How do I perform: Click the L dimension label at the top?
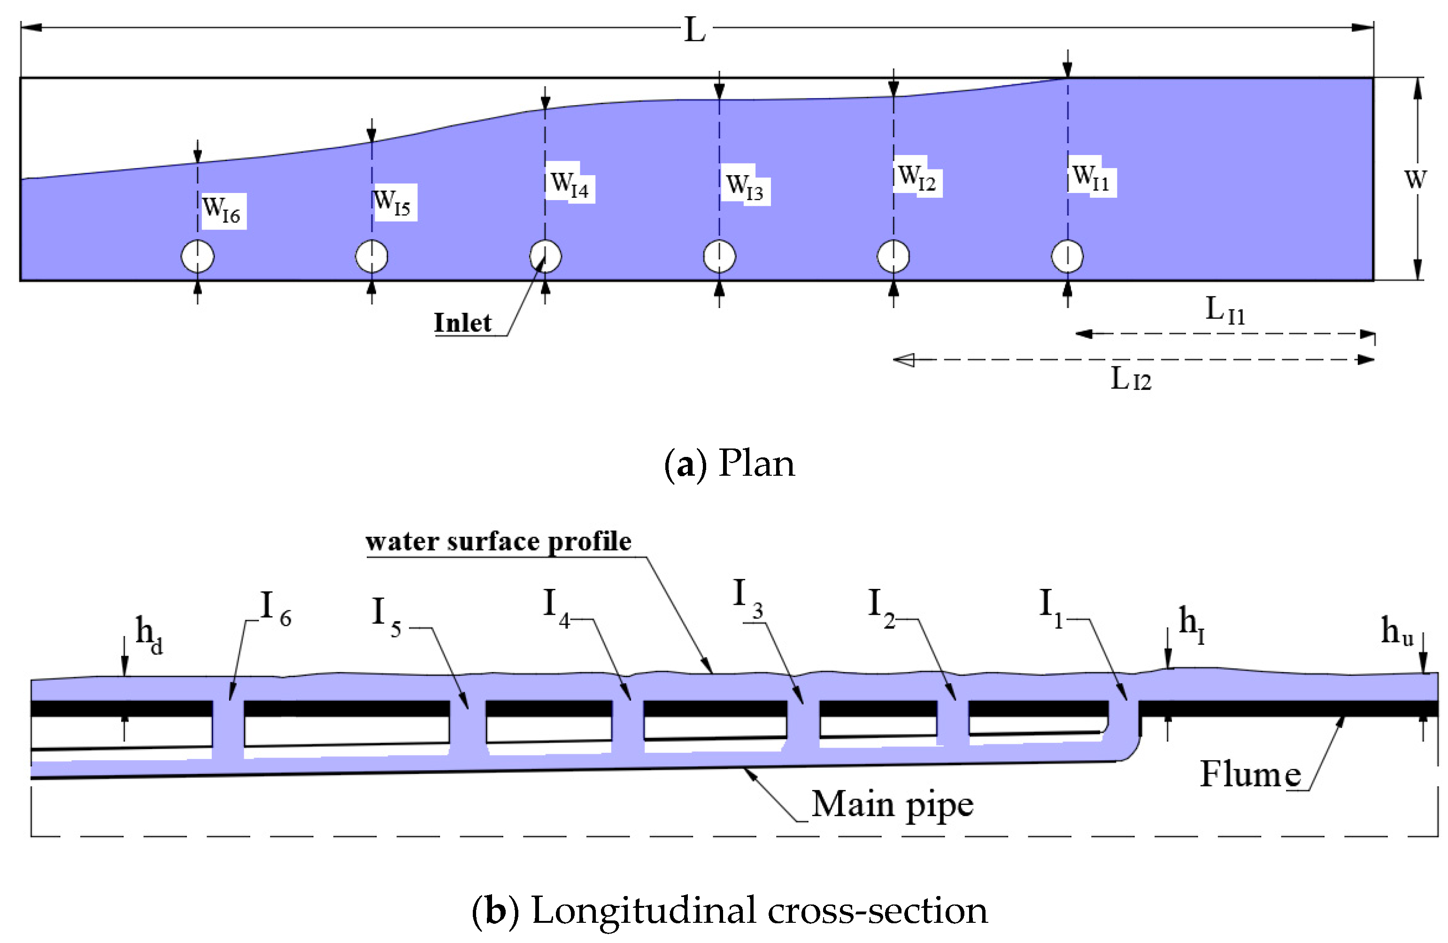pyautogui.click(x=694, y=29)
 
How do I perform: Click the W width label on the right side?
pyautogui.click(x=1415, y=179)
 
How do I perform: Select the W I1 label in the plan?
pyautogui.click(x=1091, y=177)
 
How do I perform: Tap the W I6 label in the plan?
pyautogui.click(x=222, y=209)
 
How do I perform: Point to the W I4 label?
pyautogui.click(x=570, y=183)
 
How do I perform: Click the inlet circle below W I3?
pyautogui.click(x=719, y=256)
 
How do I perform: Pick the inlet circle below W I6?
pyautogui.click(x=198, y=256)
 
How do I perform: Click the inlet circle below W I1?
pyautogui.click(x=1067, y=256)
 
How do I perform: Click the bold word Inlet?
pyautogui.click(x=462, y=323)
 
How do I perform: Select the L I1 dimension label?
pyautogui.click(x=1225, y=310)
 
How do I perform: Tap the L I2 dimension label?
pyautogui.click(x=1131, y=379)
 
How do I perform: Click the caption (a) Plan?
pyautogui.click(x=729, y=464)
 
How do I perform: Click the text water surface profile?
pyautogui.click(x=498, y=541)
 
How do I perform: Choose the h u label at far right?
pyautogui.click(x=1397, y=631)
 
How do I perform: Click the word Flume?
pyautogui.click(x=1250, y=774)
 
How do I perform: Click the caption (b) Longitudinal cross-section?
pyautogui.click(x=729, y=911)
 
